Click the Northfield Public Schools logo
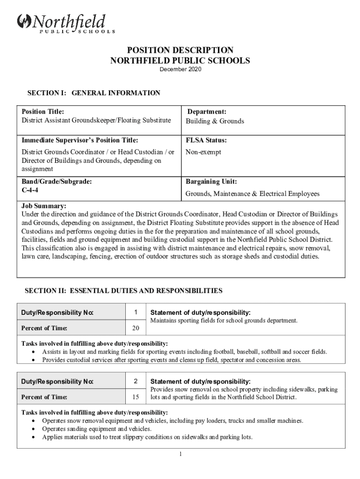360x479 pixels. pyautogui.click(x=65, y=24)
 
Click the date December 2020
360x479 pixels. pyautogui.click(x=180, y=70)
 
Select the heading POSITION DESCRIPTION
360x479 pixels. pyautogui.click(x=180, y=50)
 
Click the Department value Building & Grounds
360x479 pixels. pyautogui.click(x=215, y=121)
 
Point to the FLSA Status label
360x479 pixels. pyautogui.click(x=206, y=140)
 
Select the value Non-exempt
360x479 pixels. pyautogui.click(x=203, y=152)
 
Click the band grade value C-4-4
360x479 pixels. pyautogui.click(x=30, y=190)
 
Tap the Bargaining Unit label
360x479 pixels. pyautogui.click(x=211, y=181)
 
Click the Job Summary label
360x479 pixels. pyautogui.click(x=44, y=206)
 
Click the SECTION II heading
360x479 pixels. pyautogui.click(x=123, y=291)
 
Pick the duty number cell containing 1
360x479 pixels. pyautogui.click(x=136, y=312)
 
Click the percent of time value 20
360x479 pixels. pyautogui.click(x=136, y=328)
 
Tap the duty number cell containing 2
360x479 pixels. pyautogui.click(x=136, y=381)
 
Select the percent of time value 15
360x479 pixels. pyautogui.click(x=136, y=397)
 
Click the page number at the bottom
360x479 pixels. pyautogui.click(x=180, y=454)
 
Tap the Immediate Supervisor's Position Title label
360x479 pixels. pyautogui.click(x=80, y=140)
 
